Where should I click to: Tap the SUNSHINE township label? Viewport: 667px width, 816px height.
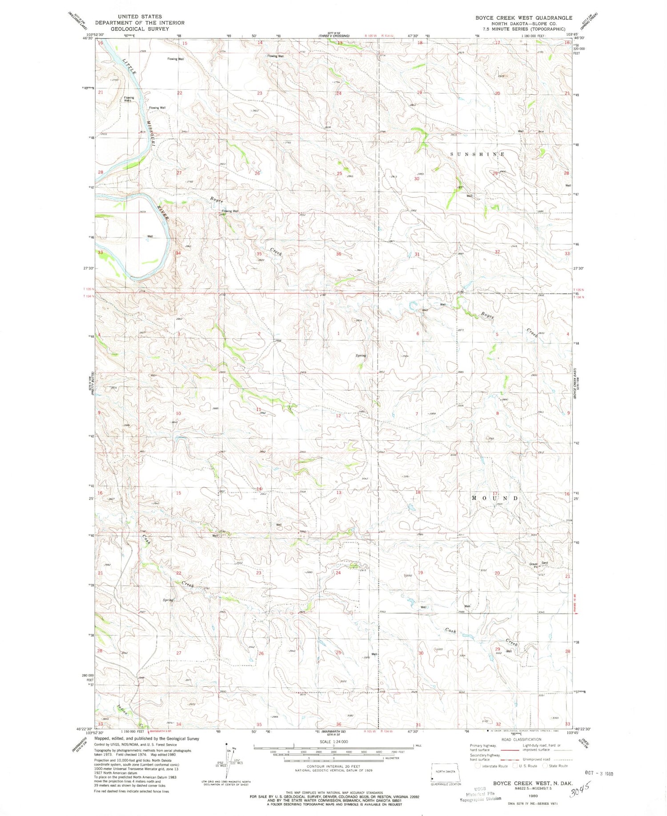pos(478,154)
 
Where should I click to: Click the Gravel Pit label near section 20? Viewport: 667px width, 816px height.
pos(534,565)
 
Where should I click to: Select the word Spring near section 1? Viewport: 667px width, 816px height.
pos(361,356)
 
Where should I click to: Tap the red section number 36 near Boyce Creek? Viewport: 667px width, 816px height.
pos(338,254)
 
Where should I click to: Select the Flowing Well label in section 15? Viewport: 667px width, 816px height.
pos(175,59)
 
